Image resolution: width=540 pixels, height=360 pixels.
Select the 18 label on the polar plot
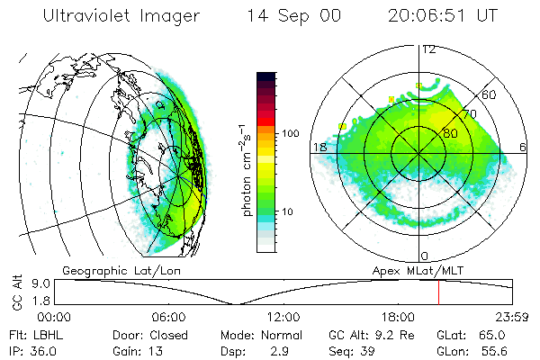[x=319, y=147]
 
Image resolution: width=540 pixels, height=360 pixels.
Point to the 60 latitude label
[x=490, y=94]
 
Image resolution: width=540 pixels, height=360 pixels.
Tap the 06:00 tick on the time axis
[x=169, y=317]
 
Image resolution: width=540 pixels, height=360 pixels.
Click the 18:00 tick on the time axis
[x=398, y=317]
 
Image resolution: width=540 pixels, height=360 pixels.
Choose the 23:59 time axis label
[x=512, y=317]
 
